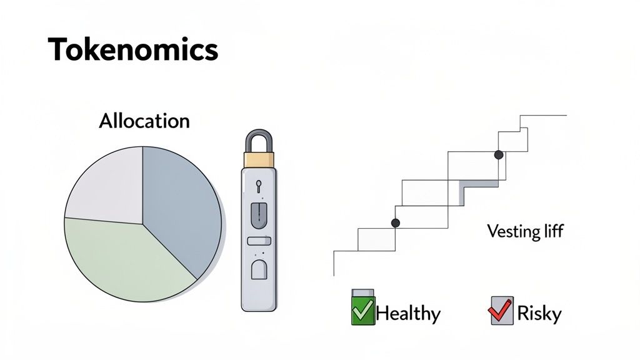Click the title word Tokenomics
(133, 49)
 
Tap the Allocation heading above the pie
(144, 121)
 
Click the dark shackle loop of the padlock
(258, 140)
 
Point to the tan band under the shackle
(259, 160)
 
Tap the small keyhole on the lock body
(258, 186)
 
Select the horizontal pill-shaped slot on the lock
(259, 241)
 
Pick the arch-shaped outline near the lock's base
(259, 269)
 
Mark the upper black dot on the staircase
(499, 154)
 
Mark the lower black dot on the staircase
(395, 222)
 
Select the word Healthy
(408, 313)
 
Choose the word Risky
(539, 313)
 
